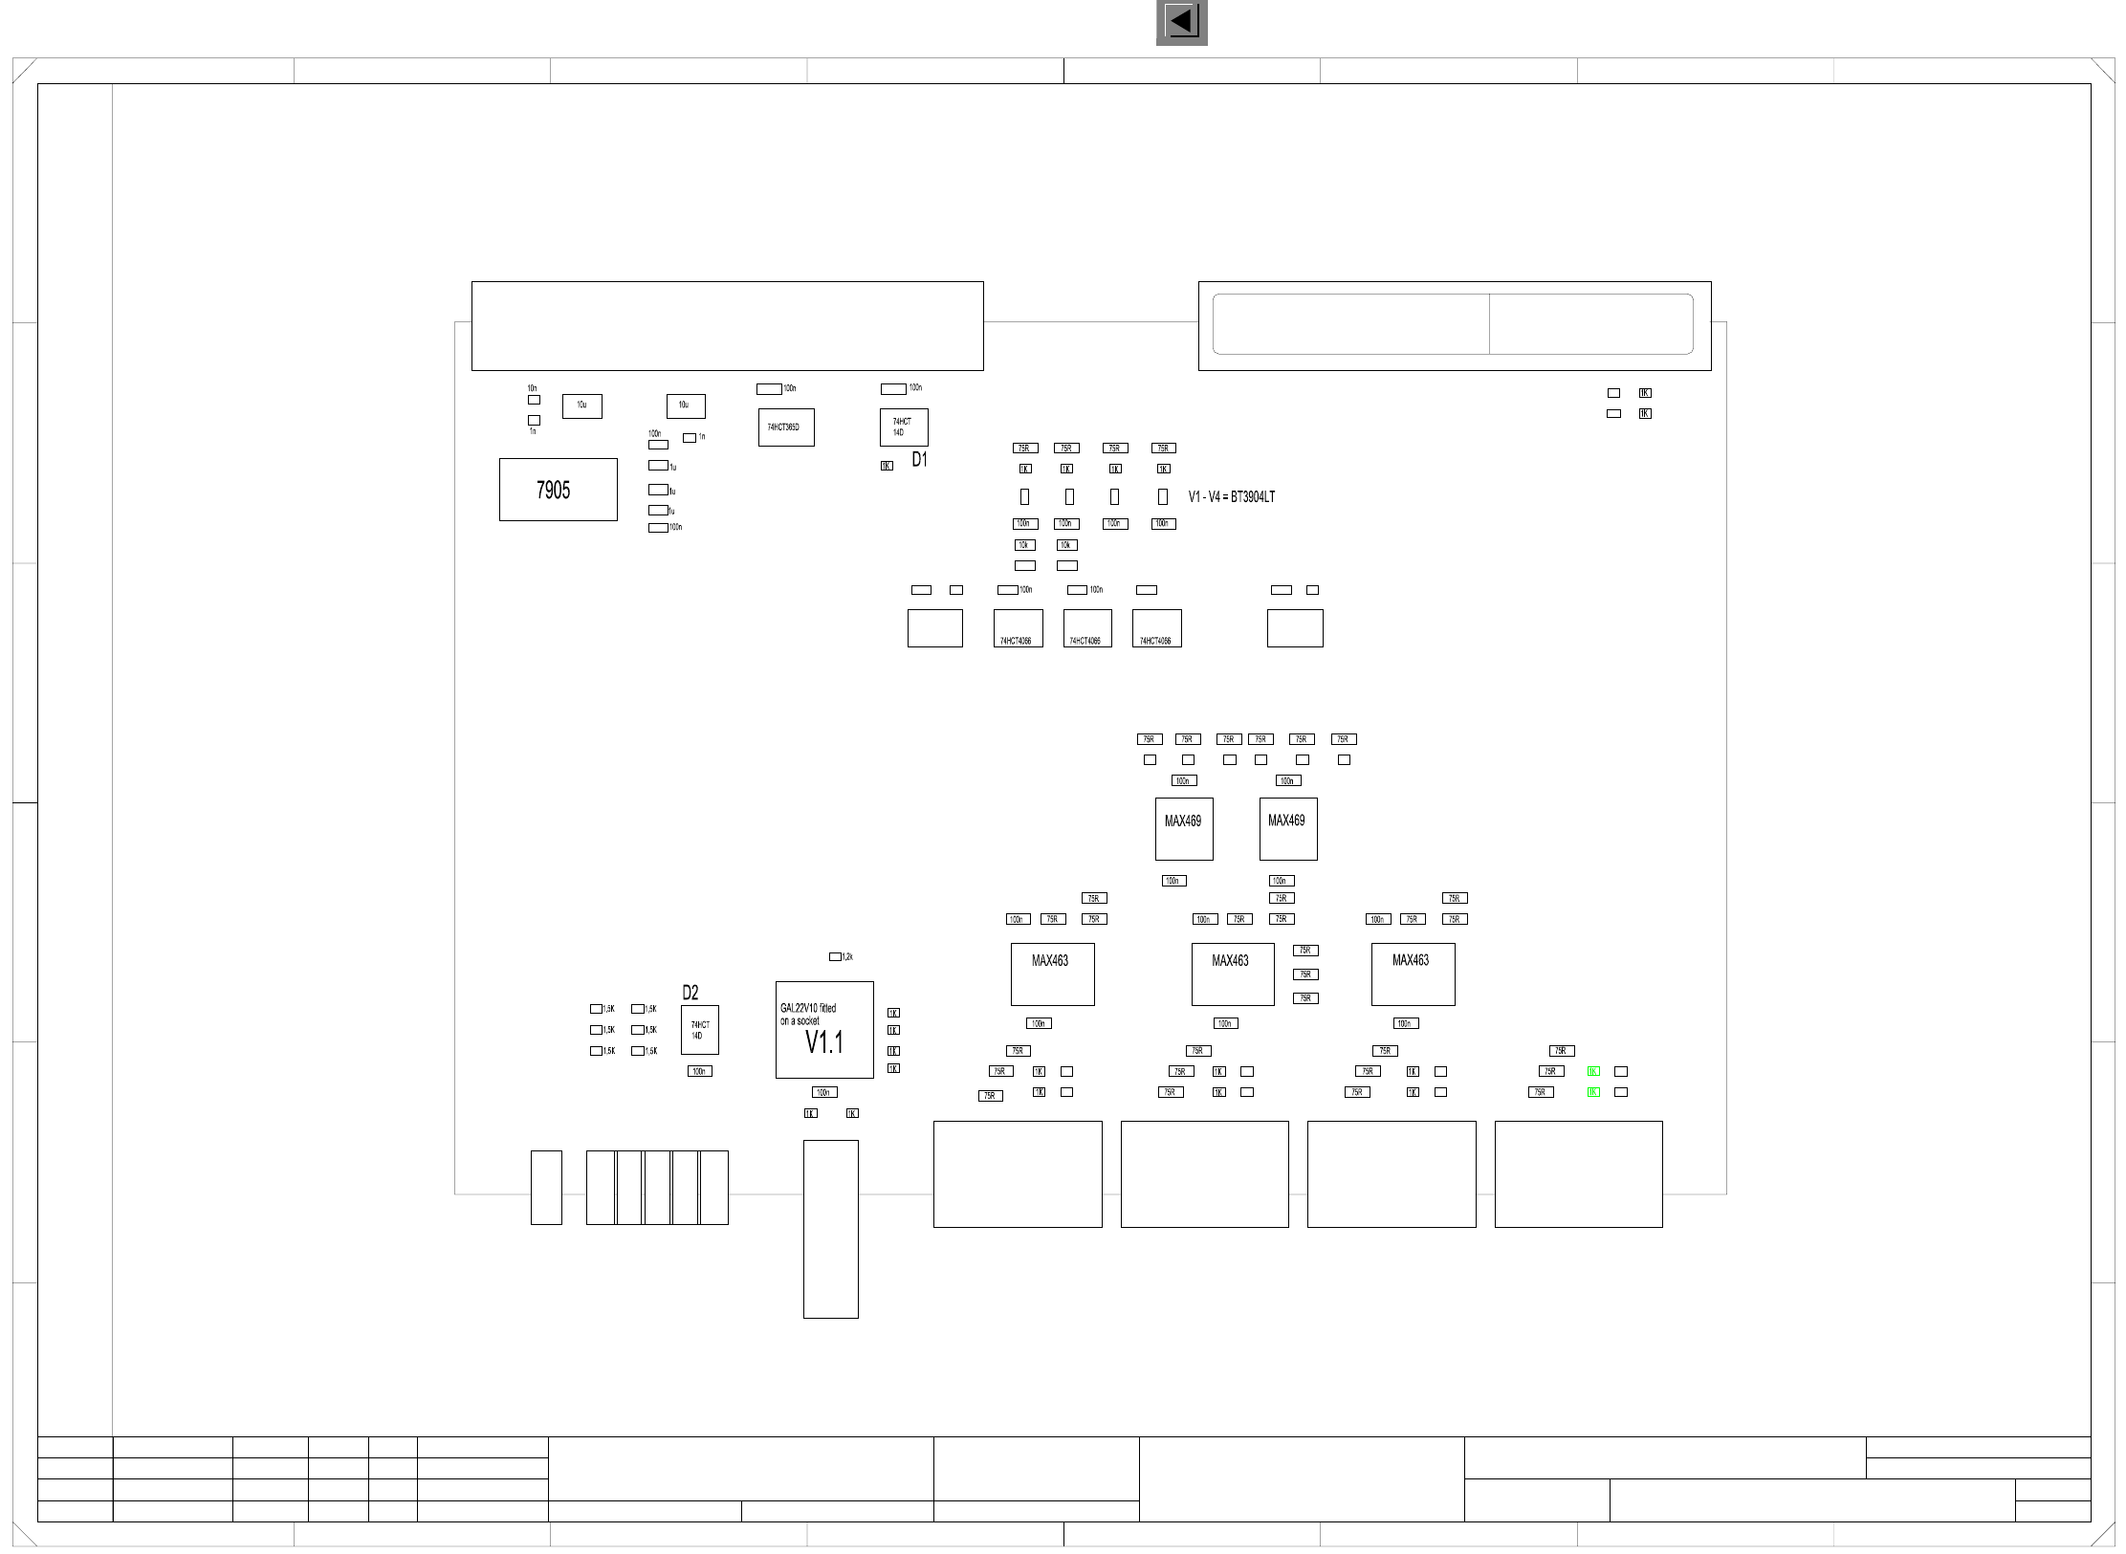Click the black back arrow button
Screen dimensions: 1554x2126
[1181, 22]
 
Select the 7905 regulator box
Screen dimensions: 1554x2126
[558, 490]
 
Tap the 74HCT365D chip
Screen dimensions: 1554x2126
[785, 427]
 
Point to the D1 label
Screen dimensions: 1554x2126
[919, 460]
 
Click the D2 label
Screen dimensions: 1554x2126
[690, 993]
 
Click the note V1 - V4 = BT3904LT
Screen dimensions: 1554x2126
[1231, 497]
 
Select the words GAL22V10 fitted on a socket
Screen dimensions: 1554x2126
[807, 1015]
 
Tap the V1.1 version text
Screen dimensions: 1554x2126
[823, 1042]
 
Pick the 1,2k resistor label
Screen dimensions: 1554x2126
[847, 956]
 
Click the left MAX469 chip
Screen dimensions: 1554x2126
[1183, 828]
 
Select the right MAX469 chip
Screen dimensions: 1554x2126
[1287, 828]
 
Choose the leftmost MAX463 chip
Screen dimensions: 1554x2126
[1052, 974]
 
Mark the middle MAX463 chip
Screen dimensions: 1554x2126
[1232, 974]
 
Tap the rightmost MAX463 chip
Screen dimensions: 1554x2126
[1413, 974]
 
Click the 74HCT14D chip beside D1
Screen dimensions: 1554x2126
[903, 427]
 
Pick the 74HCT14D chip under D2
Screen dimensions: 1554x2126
[699, 1030]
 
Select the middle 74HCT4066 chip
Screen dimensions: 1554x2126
[1086, 628]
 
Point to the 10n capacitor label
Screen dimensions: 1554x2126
[532, 388]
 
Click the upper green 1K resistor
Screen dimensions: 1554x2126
[1593, 1071]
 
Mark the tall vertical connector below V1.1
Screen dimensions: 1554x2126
[830, 1229]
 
